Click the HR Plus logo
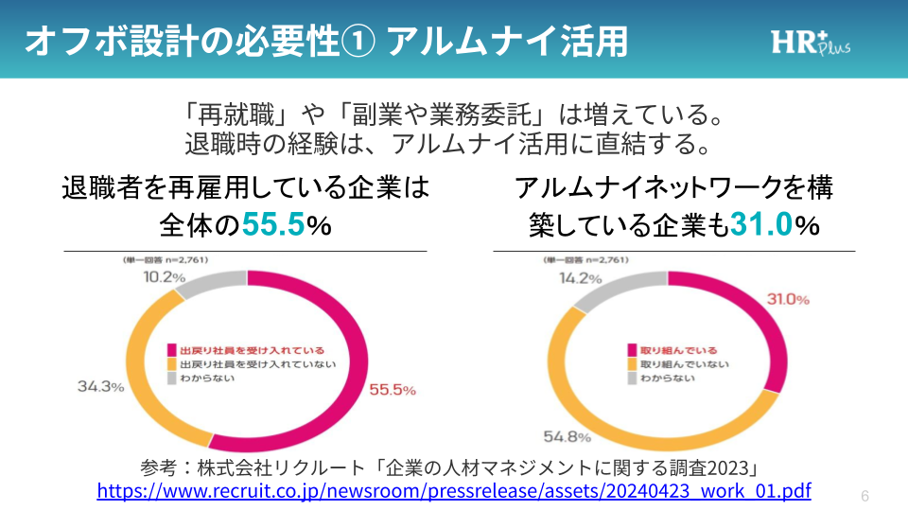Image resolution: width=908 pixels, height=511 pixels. [x=810, y=43]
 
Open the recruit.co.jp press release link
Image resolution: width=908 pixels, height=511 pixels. [x=454, y=491]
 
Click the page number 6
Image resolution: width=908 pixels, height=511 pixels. [x=865, y=496]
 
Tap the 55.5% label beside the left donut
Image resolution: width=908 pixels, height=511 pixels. [x=393, y=389]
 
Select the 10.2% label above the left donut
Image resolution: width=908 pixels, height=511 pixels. [x=158, y=277]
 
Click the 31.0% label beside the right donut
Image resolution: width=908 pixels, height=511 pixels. [x=787, y=299]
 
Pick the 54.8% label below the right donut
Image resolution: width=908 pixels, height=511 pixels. [x=542, y=437]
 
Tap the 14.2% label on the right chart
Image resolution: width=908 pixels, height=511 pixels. [x=580, y=278]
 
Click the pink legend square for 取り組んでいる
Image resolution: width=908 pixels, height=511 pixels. [x=631, y=350]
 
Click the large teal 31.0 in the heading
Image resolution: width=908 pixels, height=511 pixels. [x=760, y=225]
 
